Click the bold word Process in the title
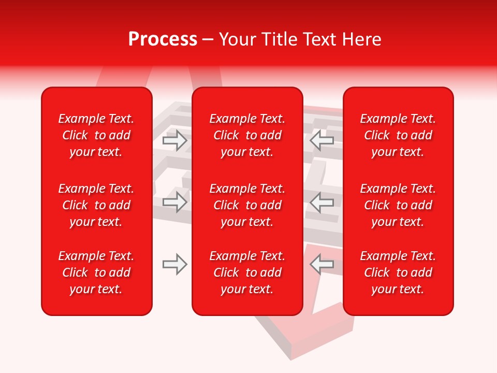point(163,39)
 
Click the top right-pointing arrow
point(174,140)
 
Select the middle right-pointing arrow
point(174,202)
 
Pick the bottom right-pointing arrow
point(174,264)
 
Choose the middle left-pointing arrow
point(321,202)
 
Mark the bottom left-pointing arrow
point(321,264)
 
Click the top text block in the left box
point(96,135)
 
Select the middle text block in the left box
point(96,205)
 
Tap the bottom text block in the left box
point(96,272)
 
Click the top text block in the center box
point(247,135)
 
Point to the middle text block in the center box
point(247,205)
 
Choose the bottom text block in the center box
point(247,272)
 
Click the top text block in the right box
point(398,135)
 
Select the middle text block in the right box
point(398,205)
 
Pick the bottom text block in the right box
point(398,272)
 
